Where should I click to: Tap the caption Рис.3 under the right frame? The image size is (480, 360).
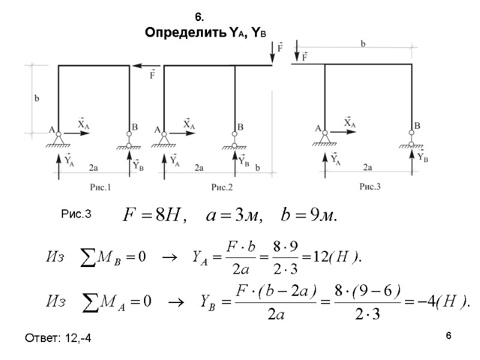(370, 187)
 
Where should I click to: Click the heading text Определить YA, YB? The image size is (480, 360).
(205, 33)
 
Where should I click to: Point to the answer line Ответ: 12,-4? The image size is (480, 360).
(58, 340)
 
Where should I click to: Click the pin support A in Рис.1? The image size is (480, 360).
(58, 138)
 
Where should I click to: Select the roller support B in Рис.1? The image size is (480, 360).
(129, 140)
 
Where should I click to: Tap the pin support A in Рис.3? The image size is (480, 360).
(325, 137)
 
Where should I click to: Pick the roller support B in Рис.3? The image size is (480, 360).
(412, 139)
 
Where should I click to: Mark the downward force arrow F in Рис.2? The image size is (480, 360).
(272, 51)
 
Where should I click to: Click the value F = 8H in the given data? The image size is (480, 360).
(154, 214)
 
